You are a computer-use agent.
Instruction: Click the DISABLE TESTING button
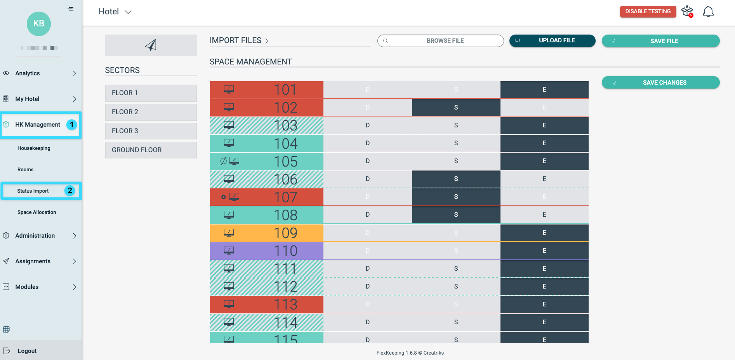tap(648, 11)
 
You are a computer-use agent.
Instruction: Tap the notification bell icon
tap(708, 11)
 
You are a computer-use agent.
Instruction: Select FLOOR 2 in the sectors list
tap(151, 112)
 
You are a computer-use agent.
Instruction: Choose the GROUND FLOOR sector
tap(151, 150)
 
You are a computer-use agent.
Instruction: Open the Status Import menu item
tap(33, 191)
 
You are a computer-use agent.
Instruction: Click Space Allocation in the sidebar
tap(37, 212)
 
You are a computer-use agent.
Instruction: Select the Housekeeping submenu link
tap(34, 148)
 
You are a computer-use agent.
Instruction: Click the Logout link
tap(27, 351)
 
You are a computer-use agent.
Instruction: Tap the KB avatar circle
tap(39, 24)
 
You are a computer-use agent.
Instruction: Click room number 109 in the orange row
tap(285, 233)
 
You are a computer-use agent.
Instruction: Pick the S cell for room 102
tap(456, 107)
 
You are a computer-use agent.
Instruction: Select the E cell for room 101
tap(544, 89)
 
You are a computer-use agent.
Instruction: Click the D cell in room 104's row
tap(367, 143)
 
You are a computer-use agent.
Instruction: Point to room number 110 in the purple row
tap(285, 251)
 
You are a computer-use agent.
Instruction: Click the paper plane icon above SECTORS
tap(151, 45)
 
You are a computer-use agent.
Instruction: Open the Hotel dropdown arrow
tap(128, 12)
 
